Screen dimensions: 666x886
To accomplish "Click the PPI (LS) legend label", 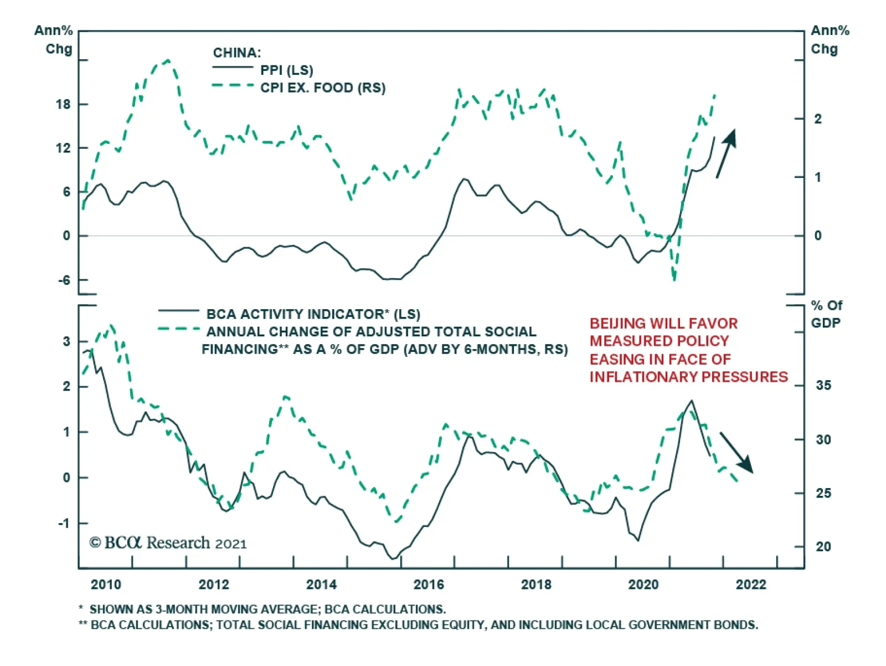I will [x=286, y=70].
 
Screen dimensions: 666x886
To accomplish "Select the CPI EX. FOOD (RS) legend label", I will [x=323, y=88].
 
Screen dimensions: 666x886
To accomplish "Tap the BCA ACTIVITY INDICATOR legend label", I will [x=313, y=314].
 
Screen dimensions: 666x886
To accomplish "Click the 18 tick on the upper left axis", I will [x=63, y=104].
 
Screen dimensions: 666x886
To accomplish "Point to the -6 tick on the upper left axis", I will [x=64, y=280].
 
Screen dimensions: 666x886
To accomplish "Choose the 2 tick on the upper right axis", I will [x=817, y=119].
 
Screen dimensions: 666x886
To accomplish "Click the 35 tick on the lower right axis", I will [x=823, y=385].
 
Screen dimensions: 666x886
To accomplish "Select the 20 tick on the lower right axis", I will [x=823, y=546].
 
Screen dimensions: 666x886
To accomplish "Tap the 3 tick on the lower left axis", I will [x=66, y=341].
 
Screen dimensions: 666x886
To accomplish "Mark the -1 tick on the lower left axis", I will [x=65, y=523].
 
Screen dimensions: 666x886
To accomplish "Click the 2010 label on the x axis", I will [x=106, y=585].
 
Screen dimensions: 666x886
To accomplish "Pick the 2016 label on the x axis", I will [x=429, y=585].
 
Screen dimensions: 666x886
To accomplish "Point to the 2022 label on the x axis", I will [x=751, y=585].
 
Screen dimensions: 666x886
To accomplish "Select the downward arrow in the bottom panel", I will [x=736, y=453].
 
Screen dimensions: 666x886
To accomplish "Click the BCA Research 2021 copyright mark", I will [x=168, y=542].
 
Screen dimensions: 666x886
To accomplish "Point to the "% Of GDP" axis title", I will [x=826, y=314].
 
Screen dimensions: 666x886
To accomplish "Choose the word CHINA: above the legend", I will [x=236, y=53].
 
